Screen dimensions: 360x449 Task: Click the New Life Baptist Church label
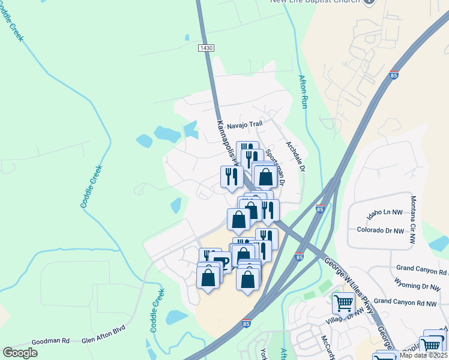point(315,2)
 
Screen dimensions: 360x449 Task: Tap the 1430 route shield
point(206,47)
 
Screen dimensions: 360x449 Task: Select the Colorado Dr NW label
point(382,230)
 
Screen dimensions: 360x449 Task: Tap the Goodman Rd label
point(51,341)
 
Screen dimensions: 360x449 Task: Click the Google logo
point(20,353)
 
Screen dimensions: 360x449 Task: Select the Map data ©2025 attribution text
point(423,355)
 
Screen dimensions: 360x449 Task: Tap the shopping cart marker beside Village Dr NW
point(344,303)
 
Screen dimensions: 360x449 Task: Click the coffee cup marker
point(221,262)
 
